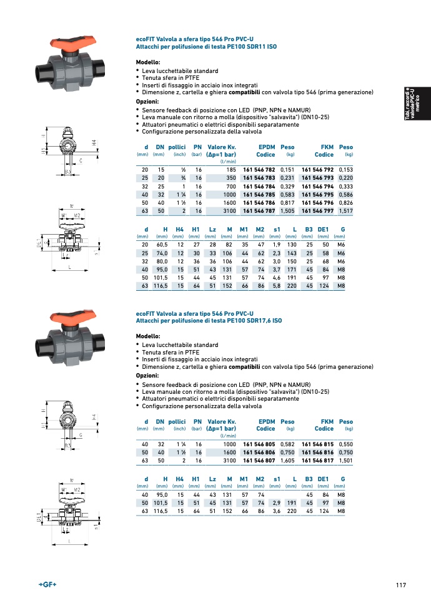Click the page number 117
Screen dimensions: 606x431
(401, 585)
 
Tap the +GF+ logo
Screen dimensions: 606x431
(48, 584)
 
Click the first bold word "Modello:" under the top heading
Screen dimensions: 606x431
(148, 62)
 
